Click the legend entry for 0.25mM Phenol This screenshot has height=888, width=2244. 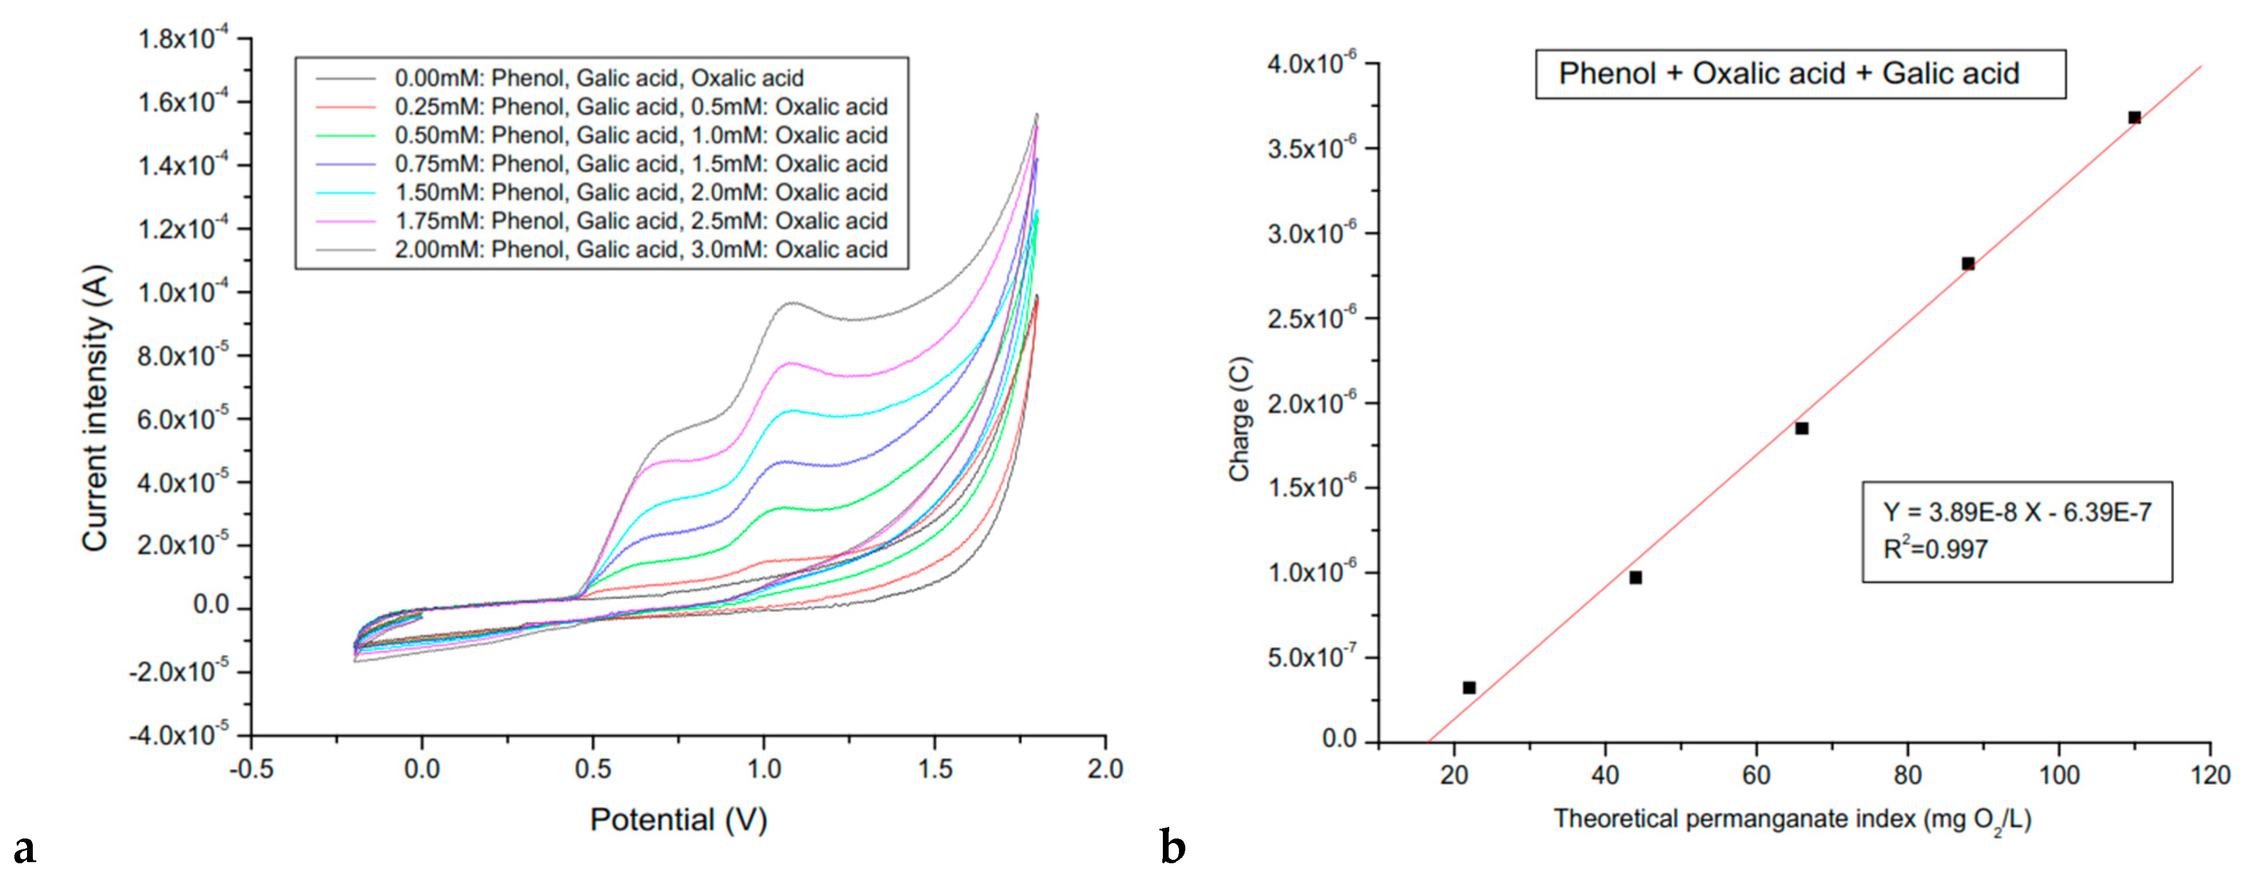pyautogui.click(x=640, y=106)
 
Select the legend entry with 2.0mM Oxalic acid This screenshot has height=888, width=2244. pyautogui.click(x=640, y=192)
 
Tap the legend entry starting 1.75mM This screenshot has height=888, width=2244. pyautogui.click(x=640, y=220)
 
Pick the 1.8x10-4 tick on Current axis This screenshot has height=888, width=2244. pyautogui.click(x=183, y=39)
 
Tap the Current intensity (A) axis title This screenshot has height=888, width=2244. pyautogui.click(x=96, y=408)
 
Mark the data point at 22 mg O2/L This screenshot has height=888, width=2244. pyautogui.click(x=1469, y=688)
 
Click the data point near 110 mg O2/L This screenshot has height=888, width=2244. pyautogui.click(x=2134, y=117)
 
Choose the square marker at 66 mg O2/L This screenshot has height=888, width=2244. pyautogui.click(x=1802, y=428)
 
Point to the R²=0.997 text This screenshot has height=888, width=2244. pyautogui.click(x=1935, y=549)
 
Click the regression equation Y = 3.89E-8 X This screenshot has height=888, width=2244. pyautogui.click(x=2017, y=512)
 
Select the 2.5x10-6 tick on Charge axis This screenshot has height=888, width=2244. pyautogui.click(x=1311, y=318)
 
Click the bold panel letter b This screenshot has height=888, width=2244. pyautogui.click(x=1173, y=847)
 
